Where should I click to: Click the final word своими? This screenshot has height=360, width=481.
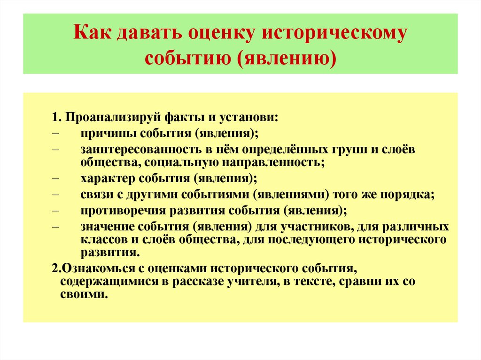(85, 295)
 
